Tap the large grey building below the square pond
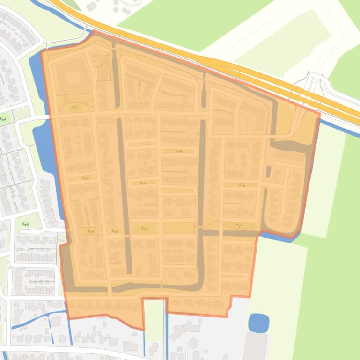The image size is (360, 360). pos(256,346)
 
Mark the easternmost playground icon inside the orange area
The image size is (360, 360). pos(242,185)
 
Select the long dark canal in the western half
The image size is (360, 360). pos(125,196)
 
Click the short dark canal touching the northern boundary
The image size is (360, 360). pos(116,70)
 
